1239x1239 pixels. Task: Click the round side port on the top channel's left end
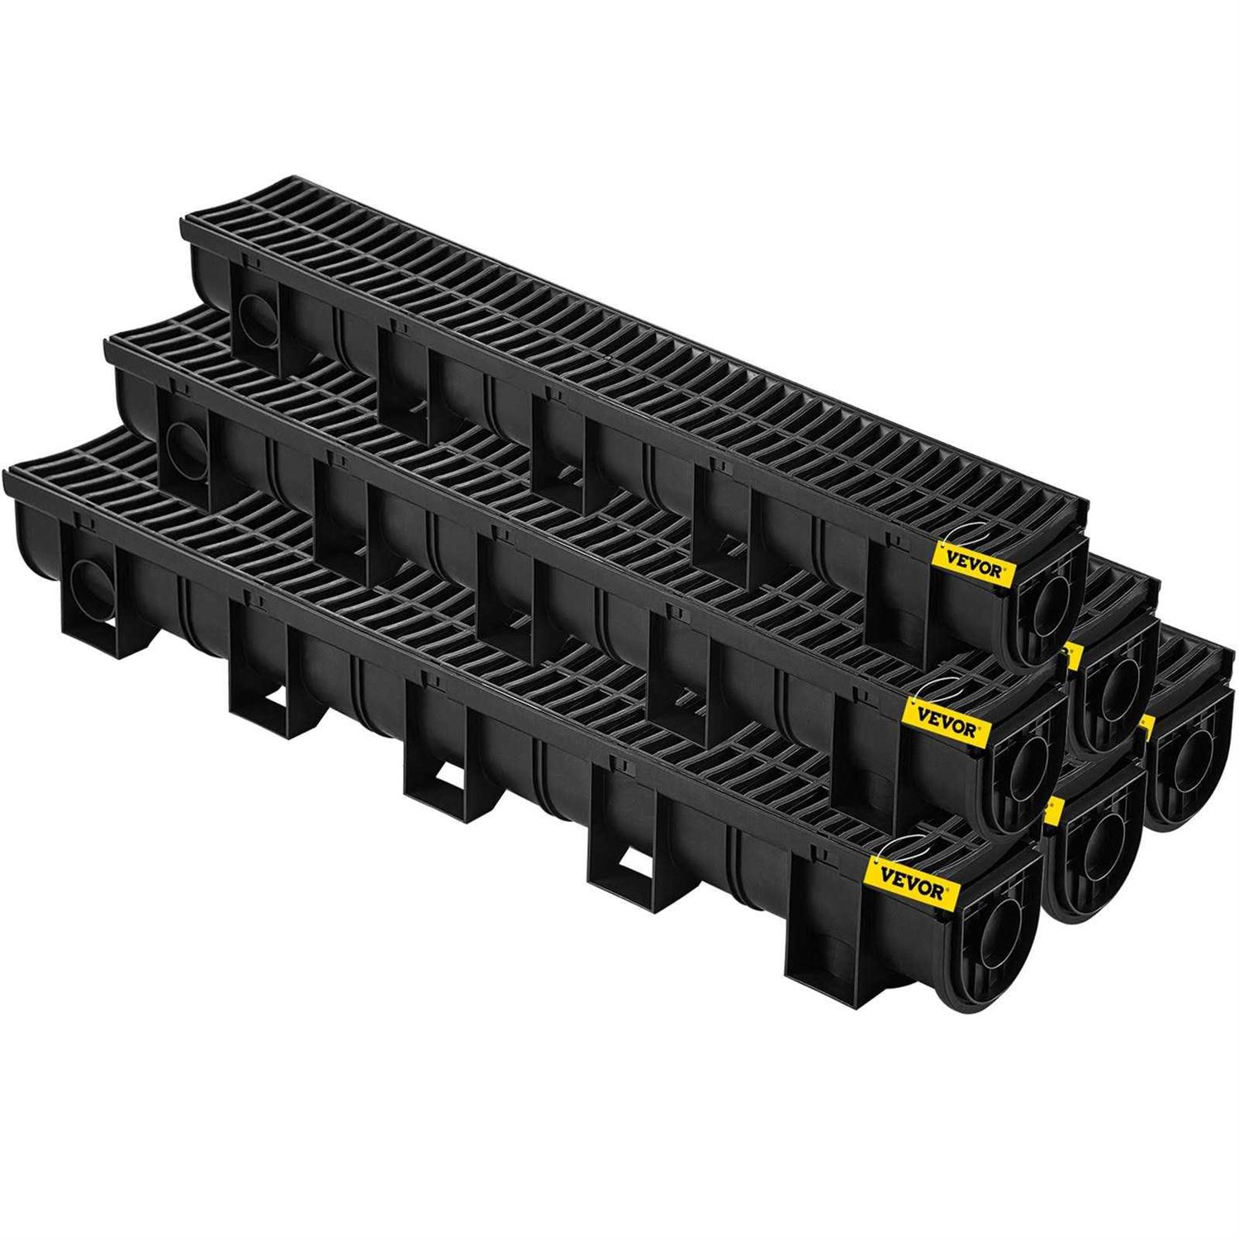click(249, 315)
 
